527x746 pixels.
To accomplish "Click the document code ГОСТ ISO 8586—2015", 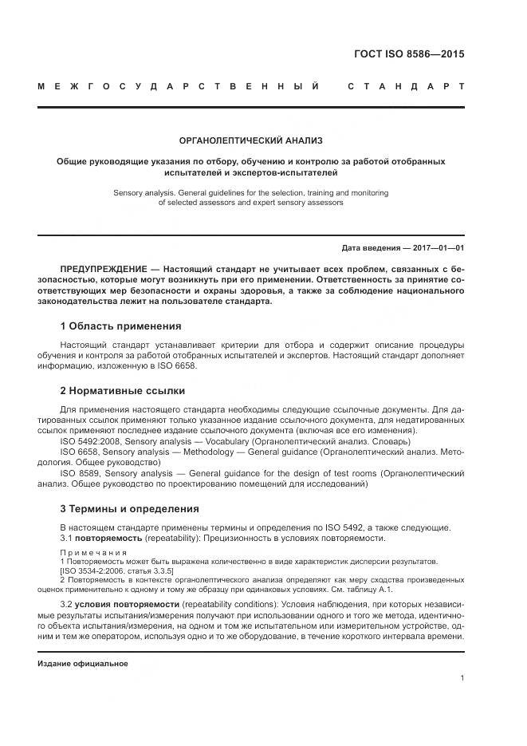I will [408, 55].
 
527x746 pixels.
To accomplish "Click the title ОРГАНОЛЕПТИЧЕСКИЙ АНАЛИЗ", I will [250, 140].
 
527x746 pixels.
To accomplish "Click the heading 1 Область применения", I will [120, 326].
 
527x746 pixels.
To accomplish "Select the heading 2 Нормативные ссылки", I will [123, 391].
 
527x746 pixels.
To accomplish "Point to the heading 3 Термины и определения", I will [129, 508].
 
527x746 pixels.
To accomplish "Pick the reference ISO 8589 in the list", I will [81, 473].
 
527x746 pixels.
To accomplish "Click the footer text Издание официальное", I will [83, 663].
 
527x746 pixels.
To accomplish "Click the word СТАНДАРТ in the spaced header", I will [406, 85].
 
